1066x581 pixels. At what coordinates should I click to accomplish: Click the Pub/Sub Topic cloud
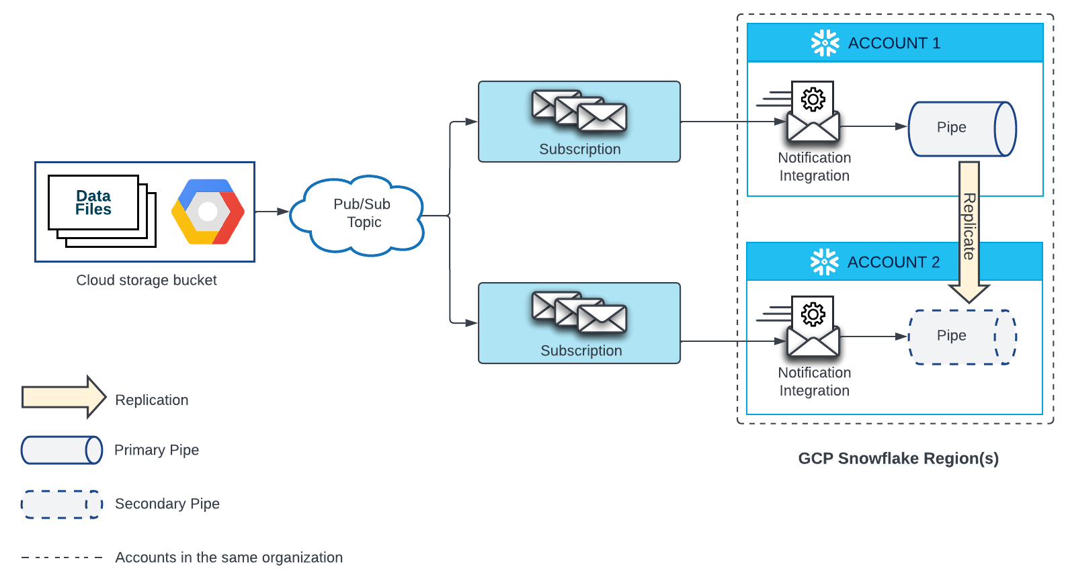pos(360,214)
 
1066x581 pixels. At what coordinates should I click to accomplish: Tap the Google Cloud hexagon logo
pos(208,212)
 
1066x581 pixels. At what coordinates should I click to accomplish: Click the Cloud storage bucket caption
pos(147,280)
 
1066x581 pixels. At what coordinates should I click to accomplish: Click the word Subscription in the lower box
pos(581,351)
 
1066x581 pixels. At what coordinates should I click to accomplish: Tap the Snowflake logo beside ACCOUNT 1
pos(825,43)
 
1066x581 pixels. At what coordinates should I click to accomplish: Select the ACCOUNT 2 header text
pos(893,262)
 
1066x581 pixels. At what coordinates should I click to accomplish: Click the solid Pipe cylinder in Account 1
pos(961,128)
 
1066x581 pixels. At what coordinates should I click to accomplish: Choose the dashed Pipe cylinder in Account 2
pos(961,337)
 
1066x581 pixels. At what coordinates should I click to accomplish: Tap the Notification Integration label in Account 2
pos(814,382)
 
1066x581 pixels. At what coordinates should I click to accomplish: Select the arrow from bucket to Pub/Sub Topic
pos(272,212)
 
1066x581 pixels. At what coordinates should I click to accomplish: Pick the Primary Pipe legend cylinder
pos(61,450)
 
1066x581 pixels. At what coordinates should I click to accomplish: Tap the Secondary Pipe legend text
pos(167,504)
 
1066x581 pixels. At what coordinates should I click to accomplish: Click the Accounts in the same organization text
pos(229,557)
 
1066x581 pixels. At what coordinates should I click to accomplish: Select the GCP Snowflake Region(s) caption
pos(898,458)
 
